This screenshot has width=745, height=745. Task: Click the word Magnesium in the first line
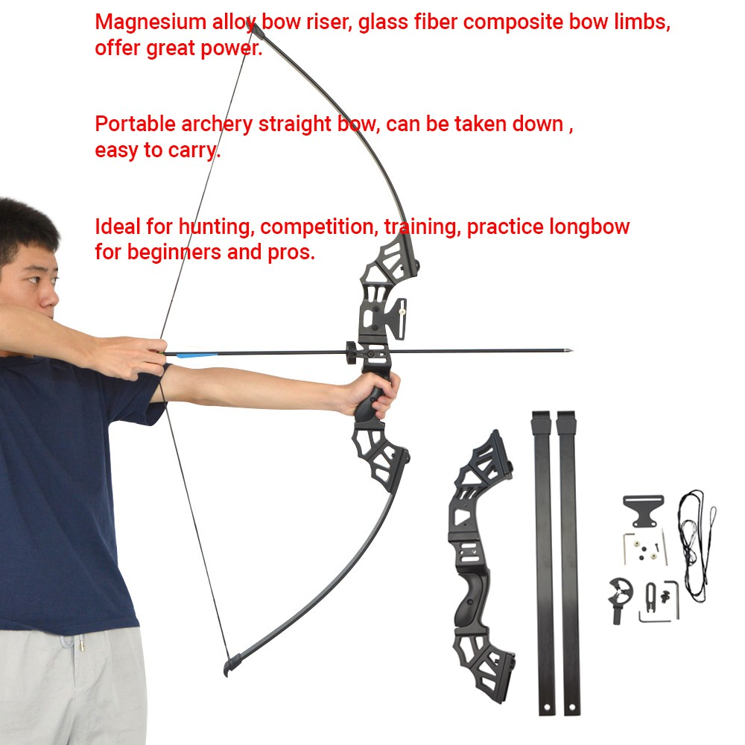pyautogui.click(x=150, y=23)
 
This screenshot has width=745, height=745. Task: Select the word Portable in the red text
pyautogui.click(x=135, y=124)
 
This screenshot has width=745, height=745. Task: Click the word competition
pyautogui.click(x=319, y=227)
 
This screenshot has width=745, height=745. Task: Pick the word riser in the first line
pyautogui.click(x=329, y=22)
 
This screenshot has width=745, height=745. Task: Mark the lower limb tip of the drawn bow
pyautogui.click(x=232, y=665)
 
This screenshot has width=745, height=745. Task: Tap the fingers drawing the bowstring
pyautogui.click(x=142, y=356)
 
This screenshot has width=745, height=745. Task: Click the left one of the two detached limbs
pyautogui.click(x=544, y=562)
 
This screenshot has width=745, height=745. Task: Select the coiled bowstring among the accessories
pyautogui.click(x=696, y=545)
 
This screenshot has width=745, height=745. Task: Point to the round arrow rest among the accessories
pyautogui.click(x=620, y=599)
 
